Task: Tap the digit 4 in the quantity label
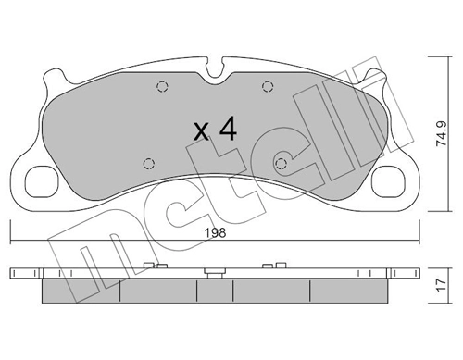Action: click(228, 130)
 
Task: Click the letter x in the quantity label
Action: click(201, 131)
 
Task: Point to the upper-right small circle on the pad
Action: click(267, 88)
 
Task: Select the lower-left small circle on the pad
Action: click(149, 164)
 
